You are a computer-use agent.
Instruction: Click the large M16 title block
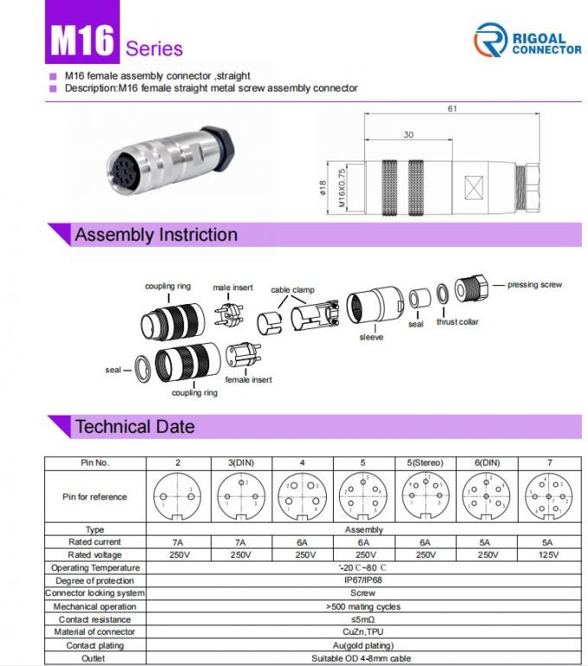pos(82,41)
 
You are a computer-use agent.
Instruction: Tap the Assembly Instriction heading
pos(156,235)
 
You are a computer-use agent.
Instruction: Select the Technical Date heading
pos(134,427)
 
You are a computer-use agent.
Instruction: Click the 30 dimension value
pos(408,136)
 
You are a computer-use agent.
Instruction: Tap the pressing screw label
pos(534,284)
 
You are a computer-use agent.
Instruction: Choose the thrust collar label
pos(457,322)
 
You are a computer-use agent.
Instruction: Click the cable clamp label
pos(292,290)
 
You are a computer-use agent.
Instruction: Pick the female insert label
pos(248,379)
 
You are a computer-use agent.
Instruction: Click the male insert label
pos(233,287)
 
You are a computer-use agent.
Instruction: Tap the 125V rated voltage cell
pos(549,555)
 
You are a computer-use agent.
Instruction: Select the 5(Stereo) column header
pos(425,463)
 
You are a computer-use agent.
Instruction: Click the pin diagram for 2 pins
pos(178,497)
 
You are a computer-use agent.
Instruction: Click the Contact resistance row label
pos(95,619)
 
